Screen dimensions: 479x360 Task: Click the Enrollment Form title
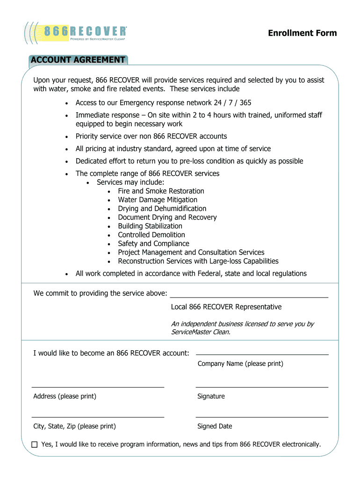(x=302, y=33)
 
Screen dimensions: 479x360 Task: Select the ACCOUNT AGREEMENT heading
(x=78, y=60)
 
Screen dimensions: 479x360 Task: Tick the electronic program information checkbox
(x=35, y=445)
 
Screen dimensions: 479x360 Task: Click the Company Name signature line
(x=262, y=354)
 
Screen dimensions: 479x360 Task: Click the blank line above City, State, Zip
(x=98, y=416)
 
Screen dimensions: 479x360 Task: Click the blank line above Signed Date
(x=262, y=416)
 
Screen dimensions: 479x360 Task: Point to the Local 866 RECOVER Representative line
(x=249, y=297)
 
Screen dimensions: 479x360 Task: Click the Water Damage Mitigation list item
(x=158, y=200)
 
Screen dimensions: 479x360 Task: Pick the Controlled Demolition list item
(x=151, y=235)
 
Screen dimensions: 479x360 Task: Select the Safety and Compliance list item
(x=153, y=244)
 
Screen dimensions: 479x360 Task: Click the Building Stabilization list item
(x=150, y=226)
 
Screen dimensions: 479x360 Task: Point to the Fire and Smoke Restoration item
(x=161, y=191)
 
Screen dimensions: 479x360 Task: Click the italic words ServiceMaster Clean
(x=200, y=332)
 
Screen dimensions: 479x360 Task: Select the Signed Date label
(x=215, y=426)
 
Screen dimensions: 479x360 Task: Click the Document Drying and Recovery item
(x=167, y=217)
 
